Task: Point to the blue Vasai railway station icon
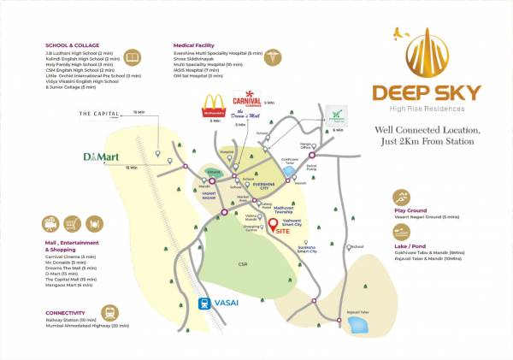tap(205, 302)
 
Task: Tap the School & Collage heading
tap(73, 44)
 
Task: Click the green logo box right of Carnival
tap(338, 116)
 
